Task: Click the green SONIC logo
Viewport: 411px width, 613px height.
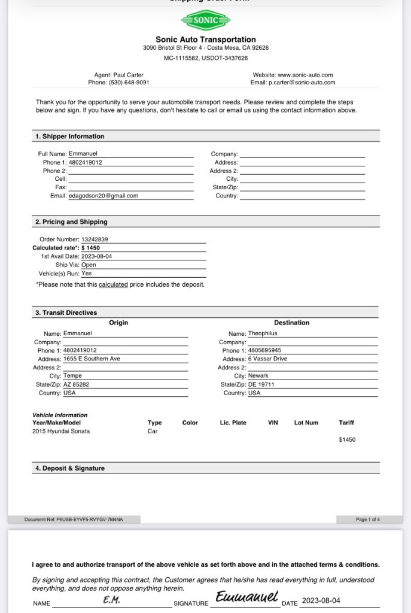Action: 205,20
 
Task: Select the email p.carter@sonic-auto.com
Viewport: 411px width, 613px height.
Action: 302,83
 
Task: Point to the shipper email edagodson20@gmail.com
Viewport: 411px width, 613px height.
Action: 103,196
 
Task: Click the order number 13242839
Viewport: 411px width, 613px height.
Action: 95,239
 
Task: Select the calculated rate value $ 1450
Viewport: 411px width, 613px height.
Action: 91,248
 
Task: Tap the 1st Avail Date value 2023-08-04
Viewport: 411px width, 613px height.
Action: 96,256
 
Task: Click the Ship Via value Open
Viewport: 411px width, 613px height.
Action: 89,265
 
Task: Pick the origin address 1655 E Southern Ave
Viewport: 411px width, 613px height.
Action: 92,359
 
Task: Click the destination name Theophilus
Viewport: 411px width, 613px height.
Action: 263,333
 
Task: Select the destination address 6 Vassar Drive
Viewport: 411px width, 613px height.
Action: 267,359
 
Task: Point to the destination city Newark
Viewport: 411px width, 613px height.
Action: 258,376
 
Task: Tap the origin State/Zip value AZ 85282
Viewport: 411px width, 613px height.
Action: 76,384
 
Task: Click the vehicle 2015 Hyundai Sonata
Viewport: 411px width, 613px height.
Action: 61,431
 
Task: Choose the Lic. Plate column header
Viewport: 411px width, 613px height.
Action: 233,423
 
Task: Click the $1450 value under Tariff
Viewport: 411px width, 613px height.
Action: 347,440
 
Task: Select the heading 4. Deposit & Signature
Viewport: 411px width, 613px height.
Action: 69,468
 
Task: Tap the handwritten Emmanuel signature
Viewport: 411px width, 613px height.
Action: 247,597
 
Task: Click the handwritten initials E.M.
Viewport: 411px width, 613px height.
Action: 111,600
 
